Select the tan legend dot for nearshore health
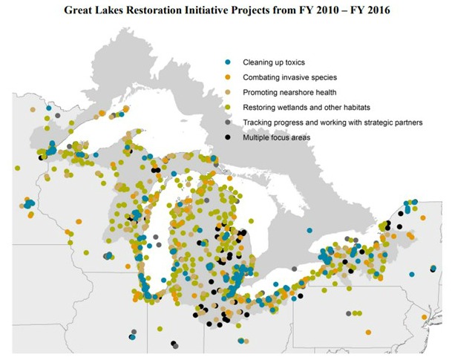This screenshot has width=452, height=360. pyautogui.click(x=228, y=91)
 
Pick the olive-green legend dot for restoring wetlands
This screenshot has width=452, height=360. pyautogui.click(x=228, y=107)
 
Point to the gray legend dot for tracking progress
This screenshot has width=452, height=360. pyautogui.click(x=228, y=122)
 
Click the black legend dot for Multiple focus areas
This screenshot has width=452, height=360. pyautogui.click(x=228, y=138)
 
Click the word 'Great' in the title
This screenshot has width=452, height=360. pyautogui.click(x=81, y=11)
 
